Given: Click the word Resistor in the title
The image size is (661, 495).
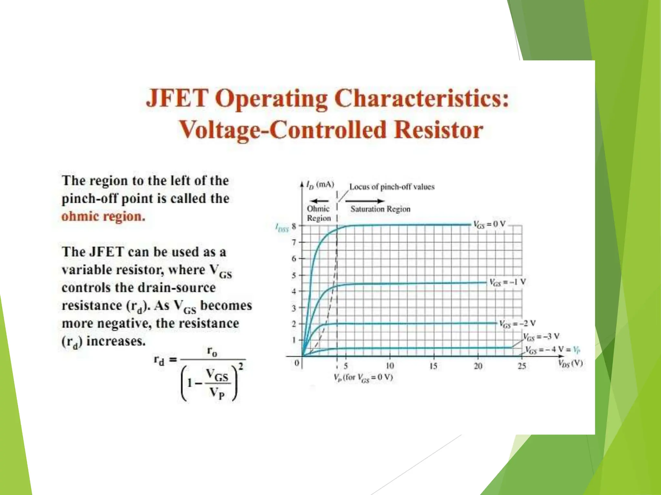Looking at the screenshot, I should point(439,130).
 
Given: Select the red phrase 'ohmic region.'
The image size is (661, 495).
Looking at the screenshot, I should point(103,216).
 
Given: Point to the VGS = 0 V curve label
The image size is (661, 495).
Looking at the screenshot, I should point(489,224).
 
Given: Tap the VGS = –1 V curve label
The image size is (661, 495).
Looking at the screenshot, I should point(508,282).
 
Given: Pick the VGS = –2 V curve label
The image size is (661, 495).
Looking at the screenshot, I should point(517,323).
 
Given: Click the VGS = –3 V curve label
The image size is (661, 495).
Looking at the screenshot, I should point(541,337).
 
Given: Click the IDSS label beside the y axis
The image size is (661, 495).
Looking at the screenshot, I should point(282,227).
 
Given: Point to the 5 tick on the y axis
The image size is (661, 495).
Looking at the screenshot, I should point(294,276).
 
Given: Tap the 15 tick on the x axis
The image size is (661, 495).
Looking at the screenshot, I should point(433,366).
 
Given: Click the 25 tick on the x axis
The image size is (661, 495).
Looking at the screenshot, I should point(522,366).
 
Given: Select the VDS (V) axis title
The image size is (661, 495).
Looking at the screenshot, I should point(570,364).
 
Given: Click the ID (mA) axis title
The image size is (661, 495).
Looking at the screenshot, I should point(320,185).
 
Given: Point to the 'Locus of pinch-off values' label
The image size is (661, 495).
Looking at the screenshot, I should point(392,187).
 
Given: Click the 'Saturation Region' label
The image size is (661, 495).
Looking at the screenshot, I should point(380,209).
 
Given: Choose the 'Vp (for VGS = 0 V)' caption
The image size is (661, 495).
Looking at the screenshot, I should point(363,377).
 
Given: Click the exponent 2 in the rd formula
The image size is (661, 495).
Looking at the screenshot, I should point(241,366).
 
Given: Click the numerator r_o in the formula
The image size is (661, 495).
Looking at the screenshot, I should point(212,351).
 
